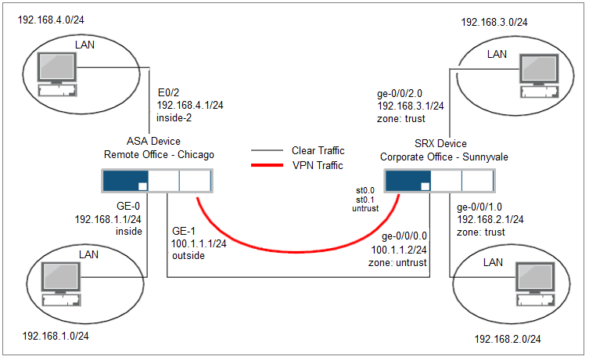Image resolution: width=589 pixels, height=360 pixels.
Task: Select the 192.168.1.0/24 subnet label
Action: (x=55, y=337)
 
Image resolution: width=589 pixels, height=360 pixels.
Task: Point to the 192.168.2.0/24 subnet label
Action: (x=508, y=339)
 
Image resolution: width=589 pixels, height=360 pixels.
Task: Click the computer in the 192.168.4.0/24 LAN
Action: (x=56, y=70)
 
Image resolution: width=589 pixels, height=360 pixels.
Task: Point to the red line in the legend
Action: (x=267, y=165)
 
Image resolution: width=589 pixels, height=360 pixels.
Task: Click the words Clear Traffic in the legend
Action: (x=318, y=150)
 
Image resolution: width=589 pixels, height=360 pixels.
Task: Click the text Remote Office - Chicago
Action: (x=159, y=155)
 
